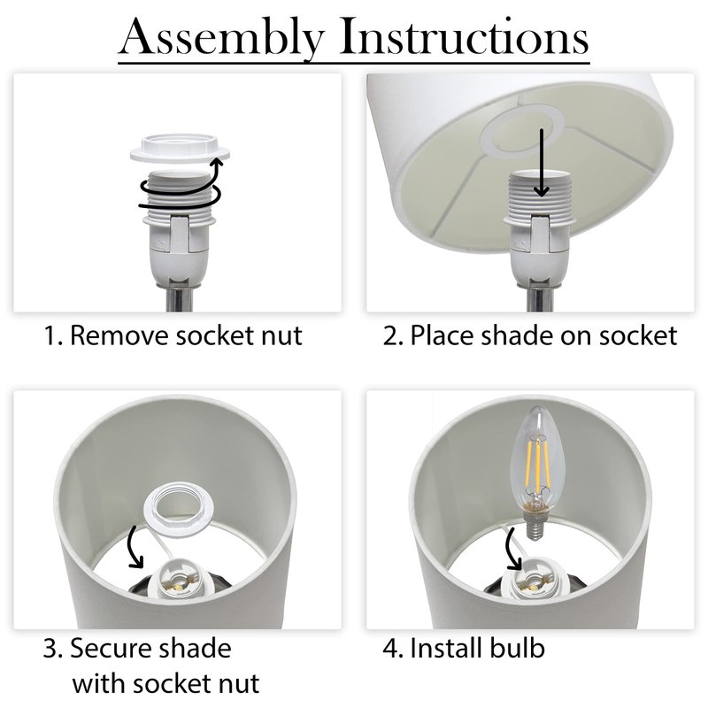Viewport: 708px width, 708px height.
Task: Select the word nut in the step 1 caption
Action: (x=283, y=336)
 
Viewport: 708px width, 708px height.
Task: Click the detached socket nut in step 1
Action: (x=180, y=148)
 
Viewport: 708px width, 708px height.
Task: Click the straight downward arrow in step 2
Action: (x=542, y=163)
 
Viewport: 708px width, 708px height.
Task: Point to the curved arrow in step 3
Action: (x=134, y=546)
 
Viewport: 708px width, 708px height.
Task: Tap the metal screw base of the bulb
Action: (x=535, y=523)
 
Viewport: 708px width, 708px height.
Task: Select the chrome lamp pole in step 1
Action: (x=179, y=298)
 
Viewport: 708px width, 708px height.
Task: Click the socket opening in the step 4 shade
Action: (x=535, y=582)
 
